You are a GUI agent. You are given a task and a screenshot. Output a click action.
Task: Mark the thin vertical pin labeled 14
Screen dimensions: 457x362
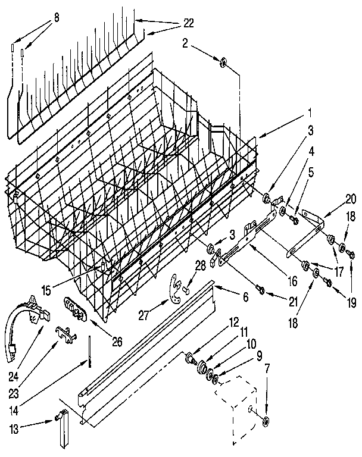pyautogui.click(x=89, y=348)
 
